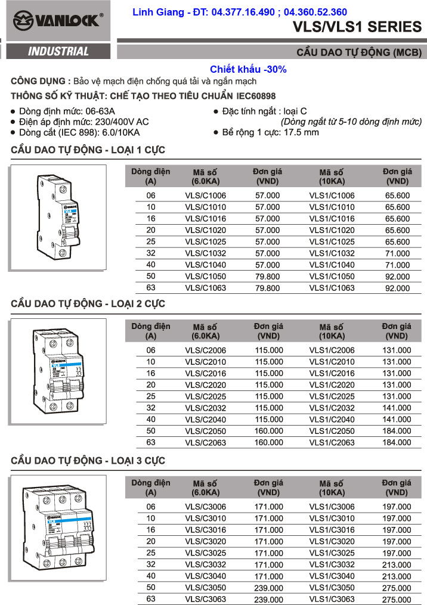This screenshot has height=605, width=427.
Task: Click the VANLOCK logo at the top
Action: pos(58,21)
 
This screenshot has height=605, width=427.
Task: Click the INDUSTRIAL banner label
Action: pos(58,52)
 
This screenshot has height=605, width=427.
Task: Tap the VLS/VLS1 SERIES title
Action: pos(357,27)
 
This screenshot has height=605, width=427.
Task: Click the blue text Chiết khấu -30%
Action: pos(248,69)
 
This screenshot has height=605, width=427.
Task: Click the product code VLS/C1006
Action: pos(206,196)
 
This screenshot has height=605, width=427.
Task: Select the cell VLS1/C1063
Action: pos(332,288)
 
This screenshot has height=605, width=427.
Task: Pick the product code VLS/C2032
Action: pos(206,408)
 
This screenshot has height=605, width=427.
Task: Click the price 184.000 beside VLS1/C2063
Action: pos(397,442)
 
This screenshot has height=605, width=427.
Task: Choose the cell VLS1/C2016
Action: pos(332,373)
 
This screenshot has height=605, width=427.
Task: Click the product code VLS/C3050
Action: pos(206,588)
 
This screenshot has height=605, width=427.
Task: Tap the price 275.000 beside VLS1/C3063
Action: pos(397,600)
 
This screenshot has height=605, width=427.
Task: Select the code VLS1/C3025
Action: pos(332,553)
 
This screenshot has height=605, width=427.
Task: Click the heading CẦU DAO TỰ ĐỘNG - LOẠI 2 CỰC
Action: pos(88,304)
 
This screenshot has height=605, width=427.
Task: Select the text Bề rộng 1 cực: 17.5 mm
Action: pos(270,132)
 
